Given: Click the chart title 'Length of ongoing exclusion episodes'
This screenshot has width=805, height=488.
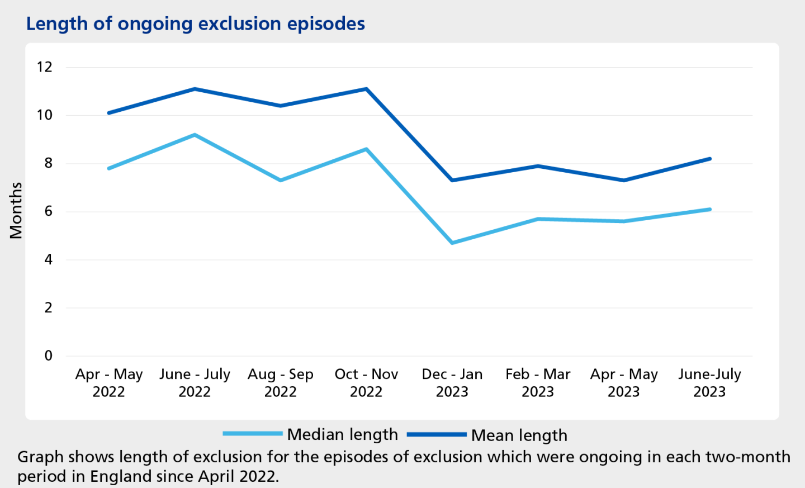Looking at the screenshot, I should tap(195, 24).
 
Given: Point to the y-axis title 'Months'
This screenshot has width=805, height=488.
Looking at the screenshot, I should tap(16, 211).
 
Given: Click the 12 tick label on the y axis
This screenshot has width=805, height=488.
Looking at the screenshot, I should tap(44, 67).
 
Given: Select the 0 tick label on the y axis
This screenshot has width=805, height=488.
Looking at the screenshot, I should tap(48, 356).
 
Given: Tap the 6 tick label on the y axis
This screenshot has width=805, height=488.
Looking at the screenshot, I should tap(48, 211).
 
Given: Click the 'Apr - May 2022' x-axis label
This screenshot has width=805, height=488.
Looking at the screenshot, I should tap(109, 382).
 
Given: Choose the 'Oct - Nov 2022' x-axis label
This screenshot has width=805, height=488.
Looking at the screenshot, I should tap(366, 382).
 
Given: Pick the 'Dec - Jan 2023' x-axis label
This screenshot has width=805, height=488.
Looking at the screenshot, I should tap(452, 382).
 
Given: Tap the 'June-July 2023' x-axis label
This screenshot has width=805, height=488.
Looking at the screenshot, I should tap(709, 382).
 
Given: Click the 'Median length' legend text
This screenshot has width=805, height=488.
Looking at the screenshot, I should tap(342, 434).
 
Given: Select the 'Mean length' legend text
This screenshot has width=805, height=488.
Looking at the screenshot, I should tap(519, 435).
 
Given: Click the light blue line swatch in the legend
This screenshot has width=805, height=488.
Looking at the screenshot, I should tap(253, 434).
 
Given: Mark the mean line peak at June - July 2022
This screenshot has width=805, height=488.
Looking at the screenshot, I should tap(195, 89).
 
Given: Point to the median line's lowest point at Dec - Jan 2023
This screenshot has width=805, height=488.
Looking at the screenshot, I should tap(452, 243).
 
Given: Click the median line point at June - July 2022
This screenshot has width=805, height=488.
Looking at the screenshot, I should tap(195, 135).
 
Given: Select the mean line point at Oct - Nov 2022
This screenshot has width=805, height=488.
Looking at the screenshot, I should tap(366, 89).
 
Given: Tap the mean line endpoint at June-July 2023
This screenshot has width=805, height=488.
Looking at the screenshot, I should tap(709, 159).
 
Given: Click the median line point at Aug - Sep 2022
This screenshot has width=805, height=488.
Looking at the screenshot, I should tap(280, 180).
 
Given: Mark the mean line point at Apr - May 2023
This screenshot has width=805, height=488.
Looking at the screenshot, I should tap(624, 180).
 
